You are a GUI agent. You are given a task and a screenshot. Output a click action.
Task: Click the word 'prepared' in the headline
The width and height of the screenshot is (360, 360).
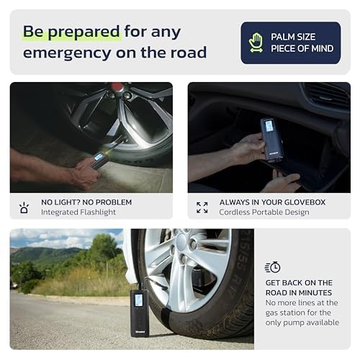pyautogui.click(x=84, y=32)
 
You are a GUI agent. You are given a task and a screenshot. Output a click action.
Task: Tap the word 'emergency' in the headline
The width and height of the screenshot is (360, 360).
pyautogui.click(x=68, y=53)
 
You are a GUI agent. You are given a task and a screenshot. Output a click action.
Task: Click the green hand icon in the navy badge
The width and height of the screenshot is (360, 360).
pyautogui.click(x=256, y=42)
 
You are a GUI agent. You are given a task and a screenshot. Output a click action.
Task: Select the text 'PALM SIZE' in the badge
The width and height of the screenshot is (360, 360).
pyautogui.click(x=293, y=37)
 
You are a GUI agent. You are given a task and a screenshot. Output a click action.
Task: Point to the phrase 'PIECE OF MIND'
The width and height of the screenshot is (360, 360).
pyautogui.click(x=302, y=48)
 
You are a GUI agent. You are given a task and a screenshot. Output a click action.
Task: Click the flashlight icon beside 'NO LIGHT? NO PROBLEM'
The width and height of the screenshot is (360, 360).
pyautogui.click(x=24, y=208)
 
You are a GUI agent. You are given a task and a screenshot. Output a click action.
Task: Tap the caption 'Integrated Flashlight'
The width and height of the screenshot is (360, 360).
pyautogui.click(x=78, y=212)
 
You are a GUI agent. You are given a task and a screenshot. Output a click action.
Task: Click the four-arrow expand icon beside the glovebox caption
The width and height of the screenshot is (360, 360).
pyautogui.click(x=202, y=207)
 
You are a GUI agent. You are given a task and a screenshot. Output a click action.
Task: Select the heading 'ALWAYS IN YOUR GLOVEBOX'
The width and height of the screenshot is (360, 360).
pyautogui.click(x=272, y=202)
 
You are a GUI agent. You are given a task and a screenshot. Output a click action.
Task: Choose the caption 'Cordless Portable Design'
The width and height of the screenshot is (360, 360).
pyautogui.click(x=264, y=212)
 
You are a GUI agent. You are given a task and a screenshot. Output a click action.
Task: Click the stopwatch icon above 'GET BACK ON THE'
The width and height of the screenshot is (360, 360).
pyautogui.click(x=272, y=267)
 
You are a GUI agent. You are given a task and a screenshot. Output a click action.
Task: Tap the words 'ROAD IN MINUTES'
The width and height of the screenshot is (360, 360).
pyautogui.click(x=299, y=293)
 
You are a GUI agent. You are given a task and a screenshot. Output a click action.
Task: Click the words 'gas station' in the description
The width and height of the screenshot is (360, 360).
pyautogui.click(x=289, y=312)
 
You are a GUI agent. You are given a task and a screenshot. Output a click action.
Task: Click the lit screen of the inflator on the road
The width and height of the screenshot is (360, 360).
pyautogui.click(x=138, y=300)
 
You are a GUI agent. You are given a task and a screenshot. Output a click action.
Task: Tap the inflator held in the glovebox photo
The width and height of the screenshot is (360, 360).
pyautogui.click(x=271, y=139)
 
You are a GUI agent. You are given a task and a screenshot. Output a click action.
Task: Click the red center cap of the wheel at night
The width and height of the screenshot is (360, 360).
pyautogui.click(x=117, y=87)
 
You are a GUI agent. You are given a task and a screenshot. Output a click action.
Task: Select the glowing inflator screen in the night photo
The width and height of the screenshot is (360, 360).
pyautogui.click(x=99, y=157)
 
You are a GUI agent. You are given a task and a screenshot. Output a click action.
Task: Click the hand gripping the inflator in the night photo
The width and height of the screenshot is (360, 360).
pyautogui.click(x=85, y=174)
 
